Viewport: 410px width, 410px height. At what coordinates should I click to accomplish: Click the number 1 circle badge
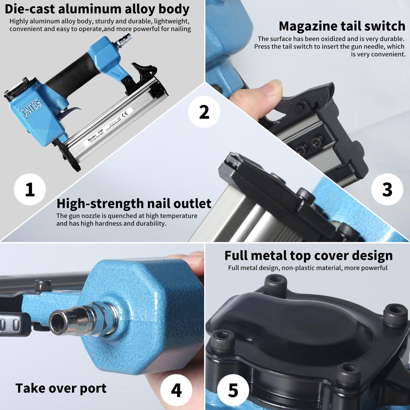pyautogui.click(x=30, y=189)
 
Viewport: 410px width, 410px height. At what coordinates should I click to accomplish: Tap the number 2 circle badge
pyautogui.click(x=204, y=112)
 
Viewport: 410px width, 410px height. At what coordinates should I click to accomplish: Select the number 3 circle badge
pyautogui.click(x=387, y=189)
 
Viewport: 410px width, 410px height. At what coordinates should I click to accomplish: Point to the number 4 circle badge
pyautogui.click(x=176, y=390)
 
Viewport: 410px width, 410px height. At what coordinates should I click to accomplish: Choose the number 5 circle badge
pyautogui.click(x=233, y=390)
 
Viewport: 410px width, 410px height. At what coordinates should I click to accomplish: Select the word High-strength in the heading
pyautogui.click(x=96, y=204)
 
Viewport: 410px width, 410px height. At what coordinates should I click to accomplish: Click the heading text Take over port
pyautogui.click(x=61, y=388)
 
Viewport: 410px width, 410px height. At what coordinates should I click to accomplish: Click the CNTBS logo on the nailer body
pyautogui.click(x=33, y=108)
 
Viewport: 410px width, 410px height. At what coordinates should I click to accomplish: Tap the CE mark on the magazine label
pyautogui.click(x=125, y=113)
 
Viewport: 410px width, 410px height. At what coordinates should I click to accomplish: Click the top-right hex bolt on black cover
pyautogui.click(x=395, y=315)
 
